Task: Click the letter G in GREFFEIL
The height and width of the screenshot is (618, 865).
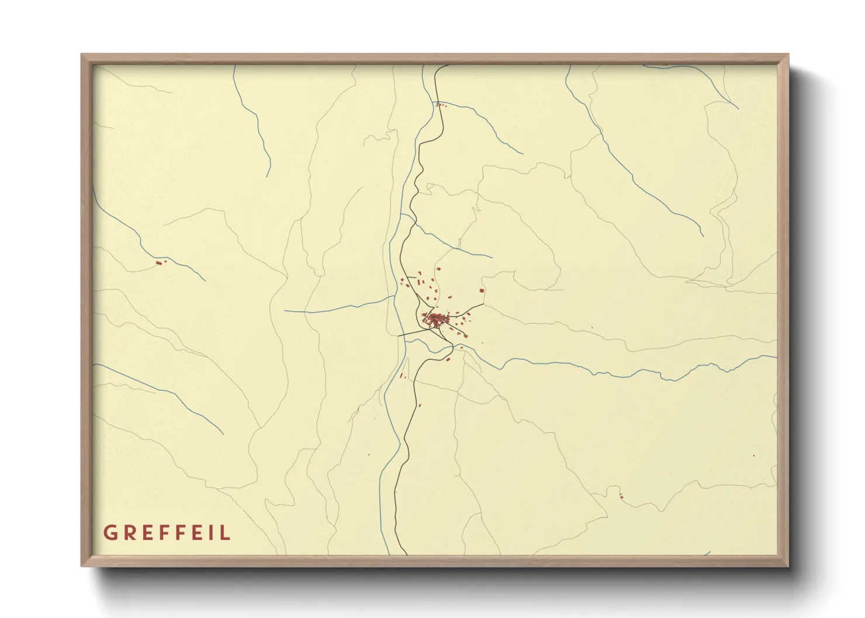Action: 109,533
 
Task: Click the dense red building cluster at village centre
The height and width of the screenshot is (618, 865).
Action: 436,319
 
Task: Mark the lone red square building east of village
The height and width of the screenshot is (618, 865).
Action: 482,290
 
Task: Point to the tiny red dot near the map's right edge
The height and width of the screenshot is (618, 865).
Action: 753,456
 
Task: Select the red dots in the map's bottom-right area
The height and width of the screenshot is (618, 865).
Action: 621,497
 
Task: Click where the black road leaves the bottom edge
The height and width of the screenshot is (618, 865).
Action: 406,554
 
